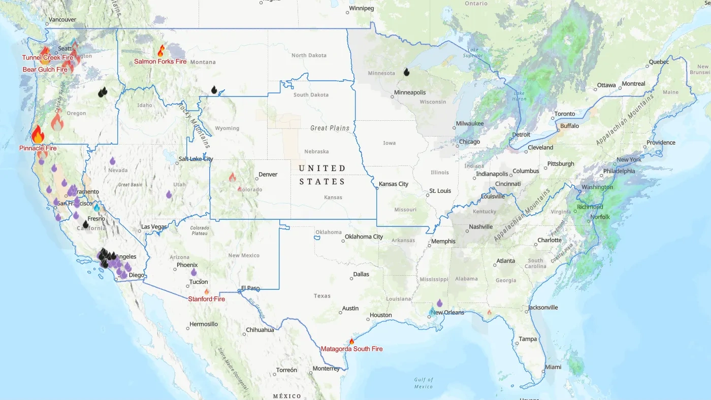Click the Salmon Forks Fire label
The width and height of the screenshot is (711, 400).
click(160, 61)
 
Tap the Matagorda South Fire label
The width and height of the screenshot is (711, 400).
click(351, 349)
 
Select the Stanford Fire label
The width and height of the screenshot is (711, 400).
click(206, 299)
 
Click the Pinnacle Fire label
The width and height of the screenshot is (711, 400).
click(38, 148)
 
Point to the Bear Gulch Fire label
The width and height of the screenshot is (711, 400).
click(45, 70)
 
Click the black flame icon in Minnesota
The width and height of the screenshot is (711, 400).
click(406, 72)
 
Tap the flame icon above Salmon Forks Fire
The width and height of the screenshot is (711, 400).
click(161, 51)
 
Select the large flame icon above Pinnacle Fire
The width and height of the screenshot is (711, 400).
click(38, 135)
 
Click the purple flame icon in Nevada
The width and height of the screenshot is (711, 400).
click(112, 161)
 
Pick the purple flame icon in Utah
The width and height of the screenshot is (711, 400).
click(169, 194)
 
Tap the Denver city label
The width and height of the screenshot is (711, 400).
click(268, 174)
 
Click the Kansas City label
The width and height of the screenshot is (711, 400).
click(393, 184)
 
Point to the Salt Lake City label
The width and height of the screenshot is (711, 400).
click(196, 159)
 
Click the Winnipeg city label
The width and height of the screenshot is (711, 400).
click(361, 9)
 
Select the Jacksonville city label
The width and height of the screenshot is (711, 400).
click(542, 307)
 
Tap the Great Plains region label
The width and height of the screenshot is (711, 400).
click(330, 128)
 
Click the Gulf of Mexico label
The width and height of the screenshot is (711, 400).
click(423, 383)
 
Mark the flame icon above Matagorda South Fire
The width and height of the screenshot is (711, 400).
click(351, 342)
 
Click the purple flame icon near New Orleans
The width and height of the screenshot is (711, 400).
click(439, 303)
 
